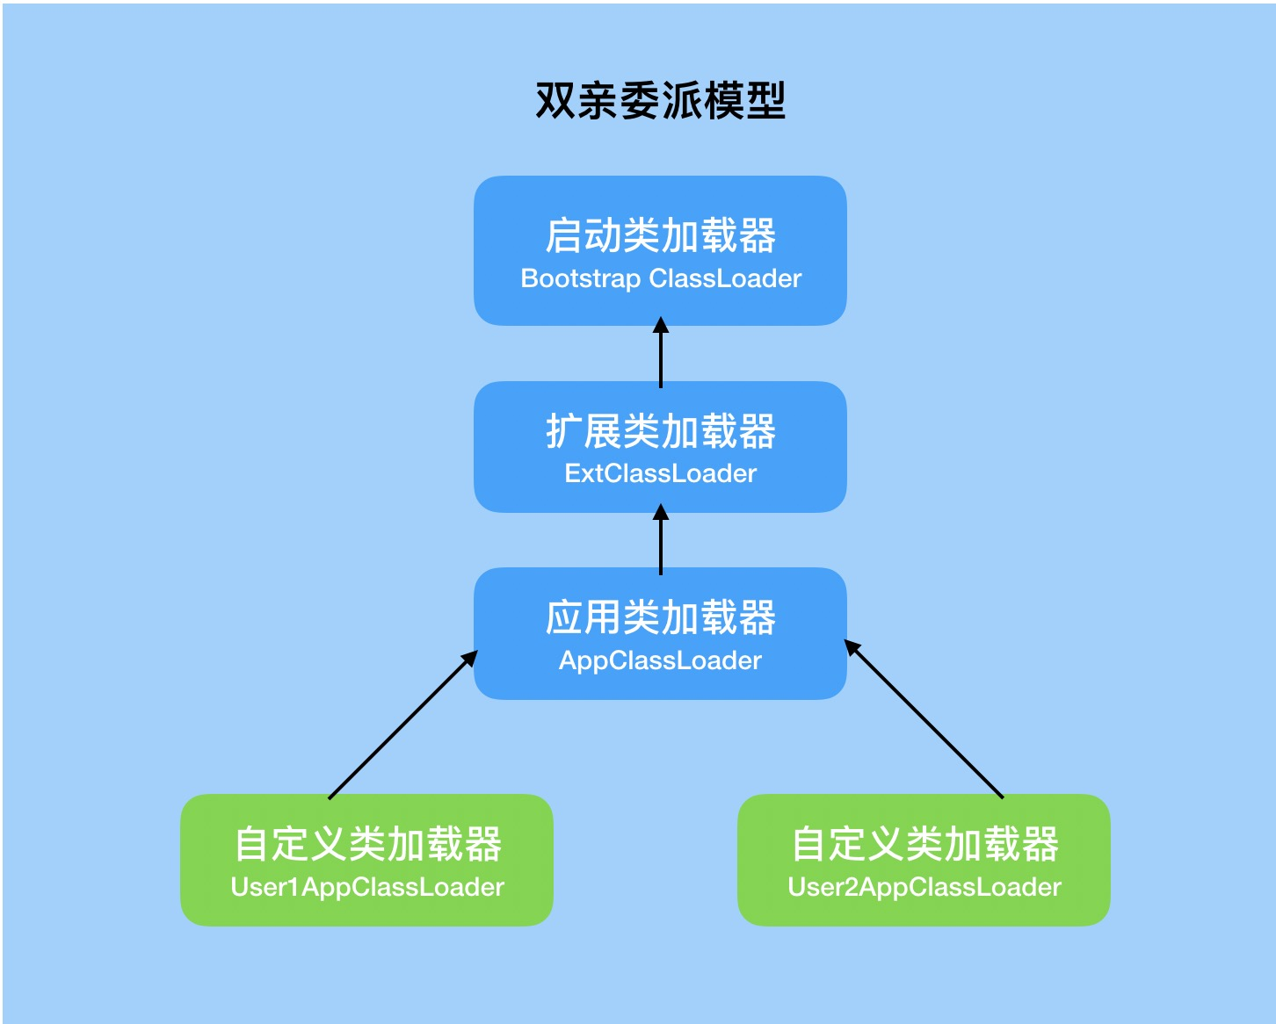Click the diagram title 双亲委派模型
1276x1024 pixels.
pyautogui.click(x=660, y=101)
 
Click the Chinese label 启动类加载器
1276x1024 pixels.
pyautogui.click(x=660, y=235)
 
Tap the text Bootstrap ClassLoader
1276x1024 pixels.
pyautogui.click(x=661, y=278)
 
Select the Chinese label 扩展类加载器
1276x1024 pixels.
pyautogui.click(x=660, y=431)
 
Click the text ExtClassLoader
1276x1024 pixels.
pyautogui.click(x=660, y=473)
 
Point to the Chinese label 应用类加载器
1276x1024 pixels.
pyautogui.click(x=660, y=617)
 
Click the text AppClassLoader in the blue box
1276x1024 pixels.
pyautogui.click(x=660, y=660)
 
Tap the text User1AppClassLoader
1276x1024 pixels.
pyautogui.click(x=367, y=887)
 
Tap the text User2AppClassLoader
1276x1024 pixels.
pyautogui.click(x=924, y=887)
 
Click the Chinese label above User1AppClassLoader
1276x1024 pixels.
pyautogui.click(x=367, y=844)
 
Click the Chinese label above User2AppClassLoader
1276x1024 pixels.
pyautogui.click(x=924, y=844)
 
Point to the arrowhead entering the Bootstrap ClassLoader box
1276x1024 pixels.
pyautogui.click(x=661, y=326)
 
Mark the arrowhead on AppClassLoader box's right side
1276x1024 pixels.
pyautogui.click(x=852, y=648)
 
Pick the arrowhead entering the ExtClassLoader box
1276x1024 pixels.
pyautogui.click(x=661, y=512)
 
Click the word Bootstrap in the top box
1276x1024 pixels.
pyautogui.click(x=580, y=278)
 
